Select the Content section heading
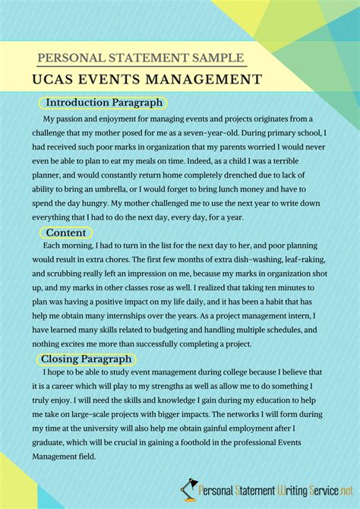66,232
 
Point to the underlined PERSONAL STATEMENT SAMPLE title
141,57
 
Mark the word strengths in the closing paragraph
184,388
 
